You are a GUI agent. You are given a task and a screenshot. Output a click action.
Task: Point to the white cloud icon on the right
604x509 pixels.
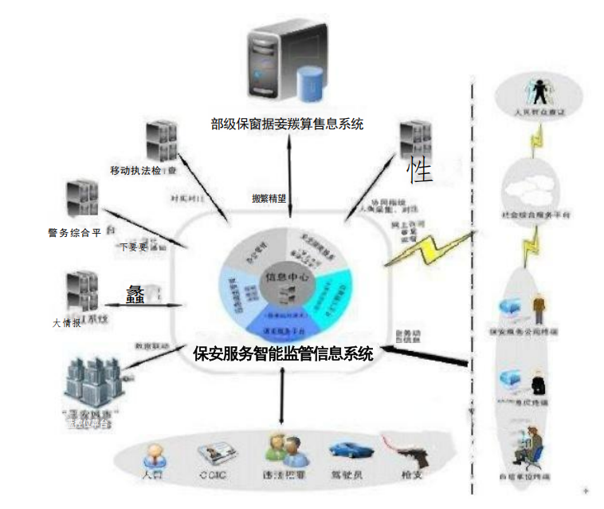click(x=529, y=187)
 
